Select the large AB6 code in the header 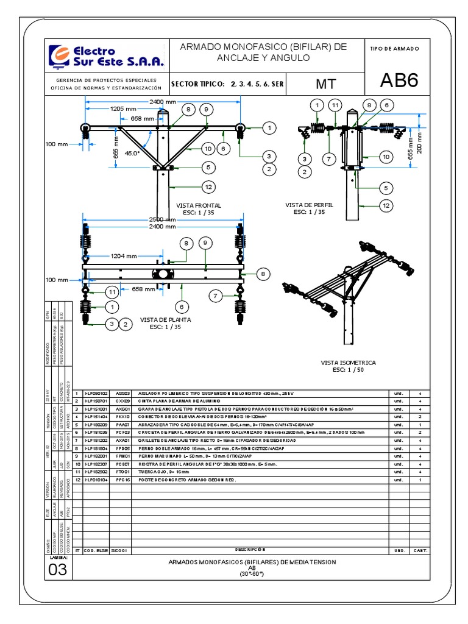(399, 81)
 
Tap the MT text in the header (326, 83)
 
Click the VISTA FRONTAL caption (198, 206)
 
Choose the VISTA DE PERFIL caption (309, 205)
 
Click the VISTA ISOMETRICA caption (349, 363)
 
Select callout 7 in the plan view (214, 296)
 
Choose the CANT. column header (420, 550)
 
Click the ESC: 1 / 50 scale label (349, 370)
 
